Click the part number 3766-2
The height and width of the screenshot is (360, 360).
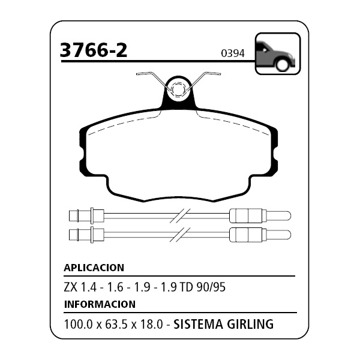pyautogui.click(x=93, y=50)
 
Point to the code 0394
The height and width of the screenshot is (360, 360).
pyautogui.click(x=233, y=53)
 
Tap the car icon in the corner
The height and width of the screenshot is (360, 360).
pyautogui.click(x=278, y=54)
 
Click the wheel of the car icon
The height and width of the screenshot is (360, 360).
pyautogui.click(x=282, y=64)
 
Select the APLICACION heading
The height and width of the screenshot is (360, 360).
pyautogui.click(x=94, y=268)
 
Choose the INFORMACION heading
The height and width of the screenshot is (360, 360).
pyautogui.click(x=100, y=304)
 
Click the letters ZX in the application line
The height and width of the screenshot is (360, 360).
pyautogui.click(x=71, y=287)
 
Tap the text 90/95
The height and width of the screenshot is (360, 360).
pyautogui.click(x=211, y=287)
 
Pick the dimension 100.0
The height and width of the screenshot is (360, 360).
pyautogui.click(x=79, y=325)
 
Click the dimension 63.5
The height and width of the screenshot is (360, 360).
pyautogui.click(x=116, y=325)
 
